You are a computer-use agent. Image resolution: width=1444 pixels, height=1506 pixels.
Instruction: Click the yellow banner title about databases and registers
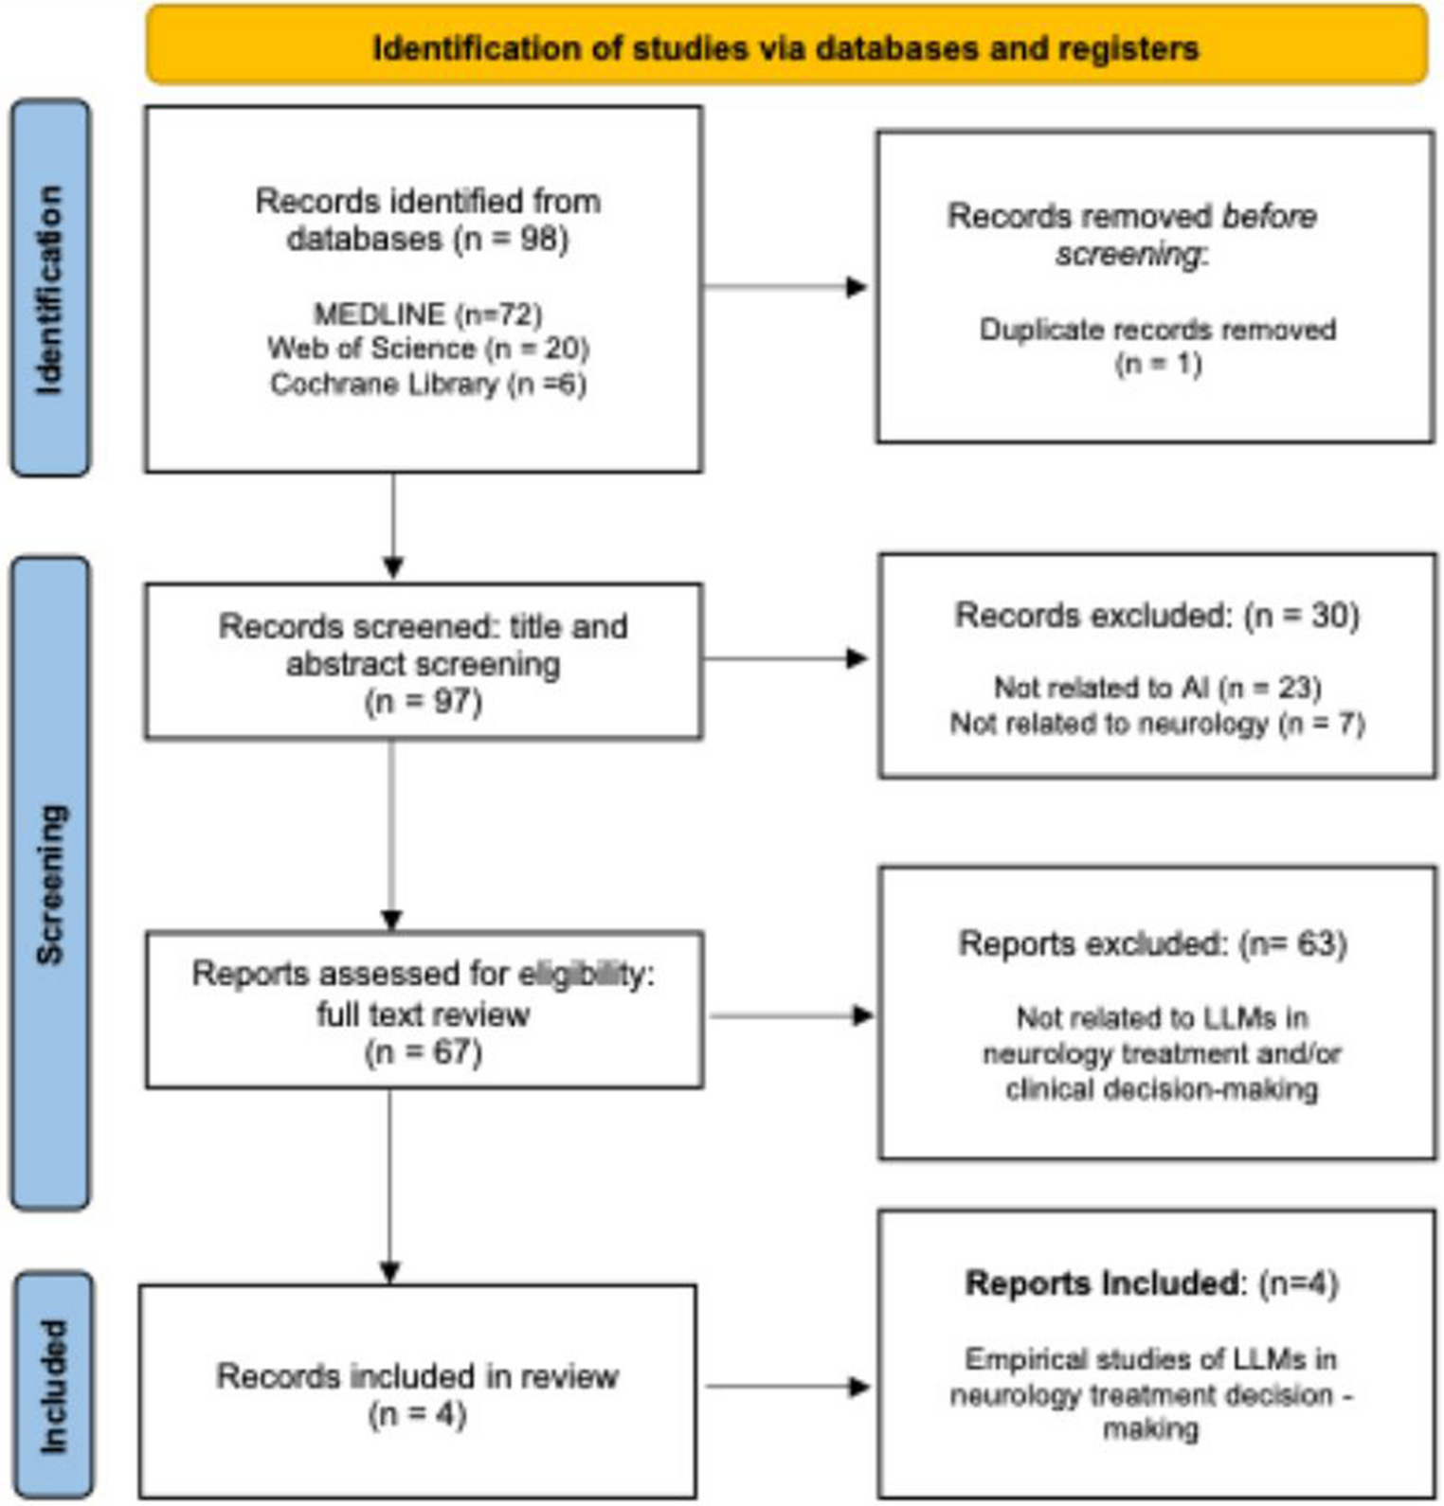785,47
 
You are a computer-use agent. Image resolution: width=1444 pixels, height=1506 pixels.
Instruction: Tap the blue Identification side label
50,288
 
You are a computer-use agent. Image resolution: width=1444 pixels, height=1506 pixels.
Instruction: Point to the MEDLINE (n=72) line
427,314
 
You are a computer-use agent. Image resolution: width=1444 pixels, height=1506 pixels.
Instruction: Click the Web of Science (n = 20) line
427,349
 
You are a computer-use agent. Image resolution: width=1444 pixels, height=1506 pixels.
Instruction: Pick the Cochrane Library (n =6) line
427,384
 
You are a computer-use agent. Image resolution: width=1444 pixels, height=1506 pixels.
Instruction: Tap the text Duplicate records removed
1157,330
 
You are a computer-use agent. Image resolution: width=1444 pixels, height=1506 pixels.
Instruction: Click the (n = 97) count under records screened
423,702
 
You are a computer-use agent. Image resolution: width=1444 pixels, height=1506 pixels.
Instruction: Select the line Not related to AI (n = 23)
1157,687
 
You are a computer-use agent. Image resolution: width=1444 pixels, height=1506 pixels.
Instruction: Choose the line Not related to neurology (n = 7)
1157,724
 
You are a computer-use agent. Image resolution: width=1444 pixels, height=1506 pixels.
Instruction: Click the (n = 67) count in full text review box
423,1052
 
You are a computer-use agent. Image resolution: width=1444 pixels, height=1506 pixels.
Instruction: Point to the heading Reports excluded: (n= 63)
1152,943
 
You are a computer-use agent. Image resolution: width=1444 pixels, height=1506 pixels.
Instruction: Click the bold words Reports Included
1101,1283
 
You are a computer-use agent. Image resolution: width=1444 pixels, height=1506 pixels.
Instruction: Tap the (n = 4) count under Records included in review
417,1414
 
